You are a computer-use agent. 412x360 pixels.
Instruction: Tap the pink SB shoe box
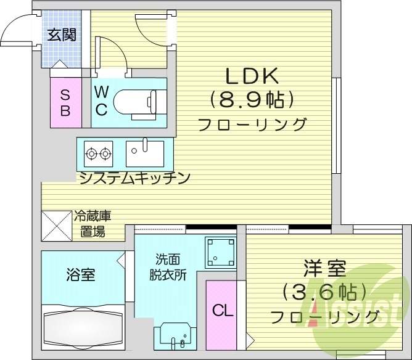(65, 103)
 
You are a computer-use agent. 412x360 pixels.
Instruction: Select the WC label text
(102, 100)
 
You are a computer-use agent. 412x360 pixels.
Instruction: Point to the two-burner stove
(99, 152)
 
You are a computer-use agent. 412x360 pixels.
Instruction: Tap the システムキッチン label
(134, 178)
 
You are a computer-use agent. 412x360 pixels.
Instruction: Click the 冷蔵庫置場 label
(93, 224)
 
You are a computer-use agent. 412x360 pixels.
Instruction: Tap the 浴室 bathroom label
(81, 275)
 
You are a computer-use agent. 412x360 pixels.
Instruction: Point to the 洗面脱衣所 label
(167, 267)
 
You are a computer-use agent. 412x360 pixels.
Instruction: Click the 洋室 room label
(324, 269)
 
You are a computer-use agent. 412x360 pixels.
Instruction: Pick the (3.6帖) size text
(324, 292)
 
